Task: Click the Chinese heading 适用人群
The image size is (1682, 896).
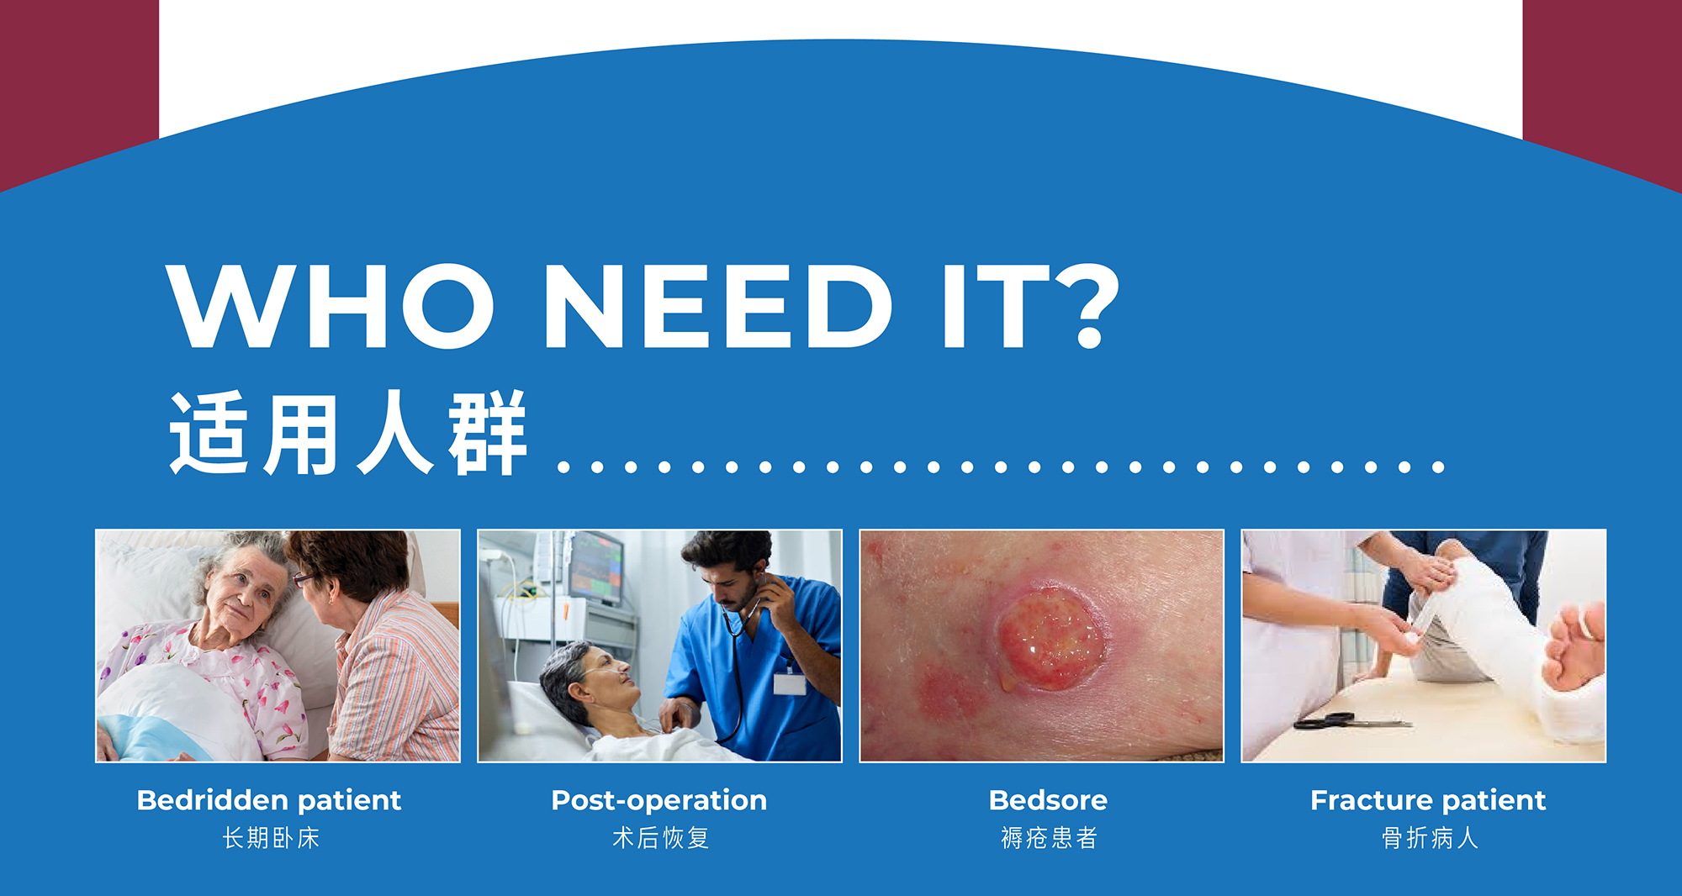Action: (x=348, y=433)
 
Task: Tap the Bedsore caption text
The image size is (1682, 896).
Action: (x=1048, y=800)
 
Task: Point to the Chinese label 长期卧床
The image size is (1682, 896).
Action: (x=271, y=838)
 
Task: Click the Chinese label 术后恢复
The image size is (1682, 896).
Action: (x=661, y=838)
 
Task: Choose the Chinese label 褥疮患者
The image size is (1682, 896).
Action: (x=1049, y=838)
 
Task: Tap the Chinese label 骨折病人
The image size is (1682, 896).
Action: (x=1430, y=838)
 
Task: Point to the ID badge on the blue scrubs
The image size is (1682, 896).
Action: (x=790, y=682)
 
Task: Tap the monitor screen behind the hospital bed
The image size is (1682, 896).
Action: (x=596, y=567)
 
